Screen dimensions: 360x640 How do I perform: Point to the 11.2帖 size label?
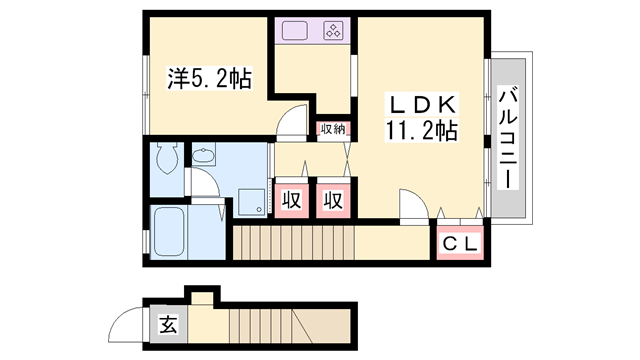click(x=420, y=130)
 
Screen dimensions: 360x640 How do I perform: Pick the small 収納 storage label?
click(x=333, y=128)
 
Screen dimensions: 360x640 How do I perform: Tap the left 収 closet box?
click(x=291, y=199)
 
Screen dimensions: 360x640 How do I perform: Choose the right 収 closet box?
click(x=333, y=199)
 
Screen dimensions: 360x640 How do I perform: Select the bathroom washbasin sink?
click(x=204, y=156)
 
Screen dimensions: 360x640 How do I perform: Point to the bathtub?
click(x=175, y=231)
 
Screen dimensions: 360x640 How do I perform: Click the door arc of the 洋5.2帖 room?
click(x=289, y=120)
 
